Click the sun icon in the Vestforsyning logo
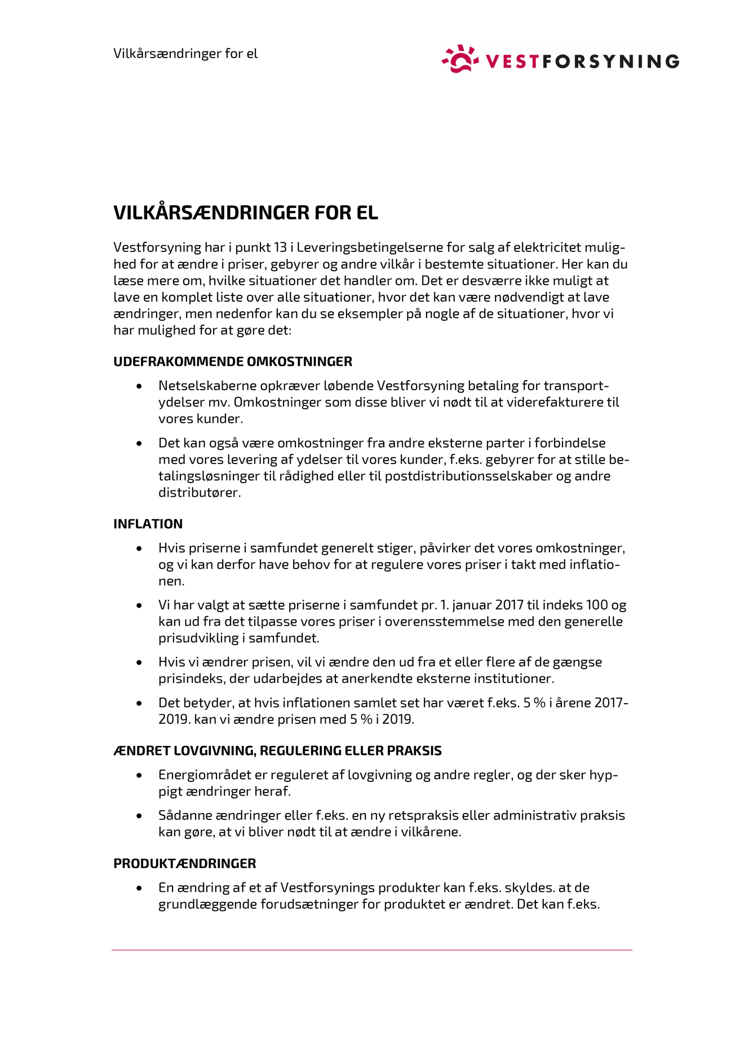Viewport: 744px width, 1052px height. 460,59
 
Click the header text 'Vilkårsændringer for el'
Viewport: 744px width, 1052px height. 185,54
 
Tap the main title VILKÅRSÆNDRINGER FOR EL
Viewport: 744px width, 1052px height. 246,213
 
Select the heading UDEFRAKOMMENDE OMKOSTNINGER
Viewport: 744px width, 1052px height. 233,361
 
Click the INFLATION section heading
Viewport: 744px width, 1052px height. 148,524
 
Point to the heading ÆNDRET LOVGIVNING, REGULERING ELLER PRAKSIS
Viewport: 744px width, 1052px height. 277,750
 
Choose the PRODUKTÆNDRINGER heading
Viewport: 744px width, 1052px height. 184,863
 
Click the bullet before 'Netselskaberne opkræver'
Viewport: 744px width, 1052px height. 139,386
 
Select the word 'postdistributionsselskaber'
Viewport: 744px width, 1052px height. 468,476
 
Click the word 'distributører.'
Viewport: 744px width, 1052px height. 200,492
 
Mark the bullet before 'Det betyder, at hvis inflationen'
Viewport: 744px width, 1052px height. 139,703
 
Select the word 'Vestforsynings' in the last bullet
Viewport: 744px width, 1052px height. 327,887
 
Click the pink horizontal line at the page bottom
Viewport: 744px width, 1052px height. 372,950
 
